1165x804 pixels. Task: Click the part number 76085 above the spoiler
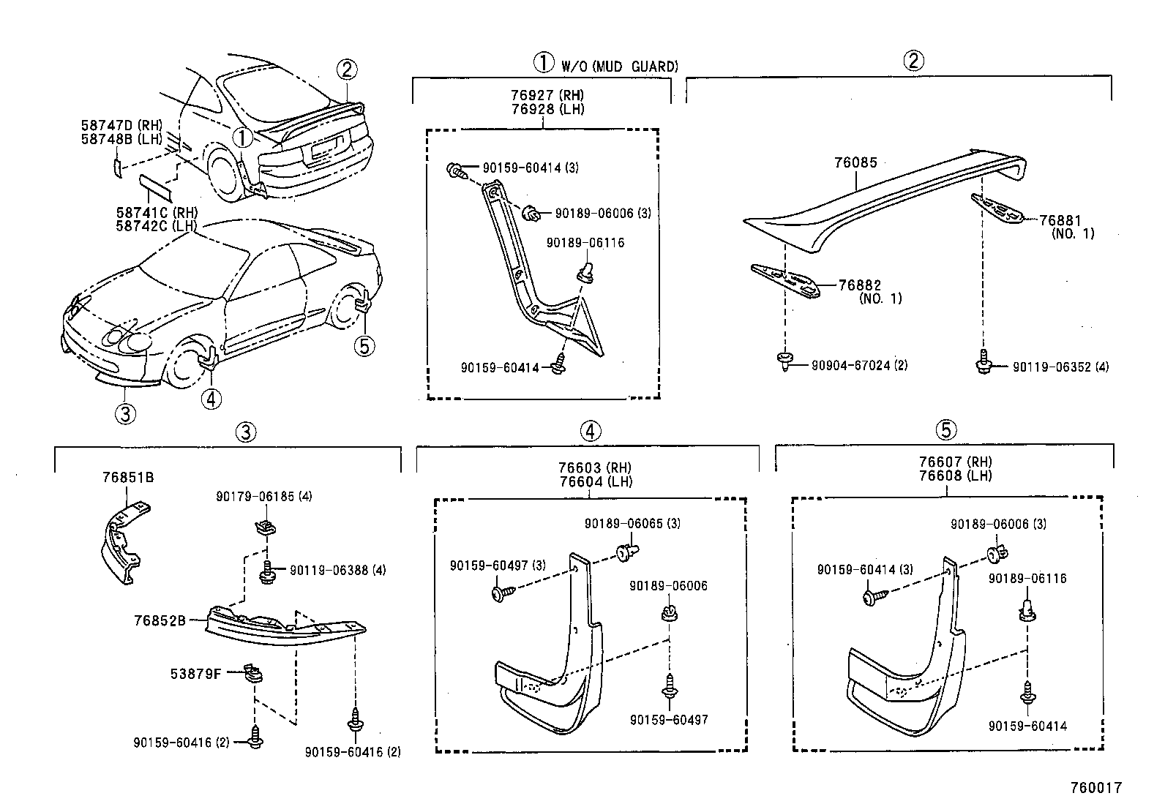pyautogui.click(x=855, y=163)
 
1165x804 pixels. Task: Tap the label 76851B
pyautogui.click(x=128, y=478)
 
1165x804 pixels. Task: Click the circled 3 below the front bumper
pyautogui.click(x=125, y=414)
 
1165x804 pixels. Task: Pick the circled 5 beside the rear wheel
pyautogui.click(x=364, y=345)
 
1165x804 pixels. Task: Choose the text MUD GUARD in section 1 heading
pyautogui.click(x=634, y=67)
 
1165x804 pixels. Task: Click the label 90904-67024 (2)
pyautogui.click(x=859, y=364)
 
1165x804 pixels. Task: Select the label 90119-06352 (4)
pyautogui.click(x=1060, y=367)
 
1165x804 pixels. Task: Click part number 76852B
pyautogui.click(x=160, y=620)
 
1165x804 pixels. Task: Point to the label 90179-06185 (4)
pyautogui.click(x=263, y=496)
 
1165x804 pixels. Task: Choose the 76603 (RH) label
pyautogui.click(x=595, y=467)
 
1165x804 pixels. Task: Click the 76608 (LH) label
pyautogui.click(x=956, y=476)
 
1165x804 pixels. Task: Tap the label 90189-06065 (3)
pyautogui.click(x=632, y=524)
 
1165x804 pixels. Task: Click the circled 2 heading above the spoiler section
pyautogui.click(x=913, y=60)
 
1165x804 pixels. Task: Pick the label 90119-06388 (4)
pyautogui.click(x=337, y=570)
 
